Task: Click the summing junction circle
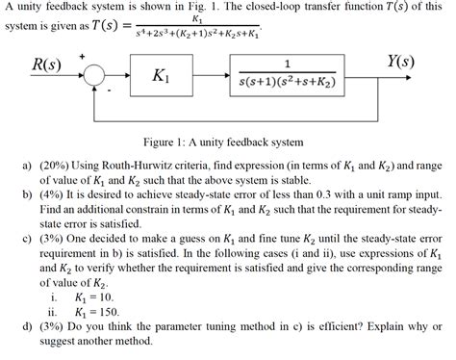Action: pos(92,76)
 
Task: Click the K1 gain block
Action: pos(162,76)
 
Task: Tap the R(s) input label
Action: pos(46,64)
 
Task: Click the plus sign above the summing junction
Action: pos(84,58)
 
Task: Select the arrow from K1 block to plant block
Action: pos(212,76)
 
